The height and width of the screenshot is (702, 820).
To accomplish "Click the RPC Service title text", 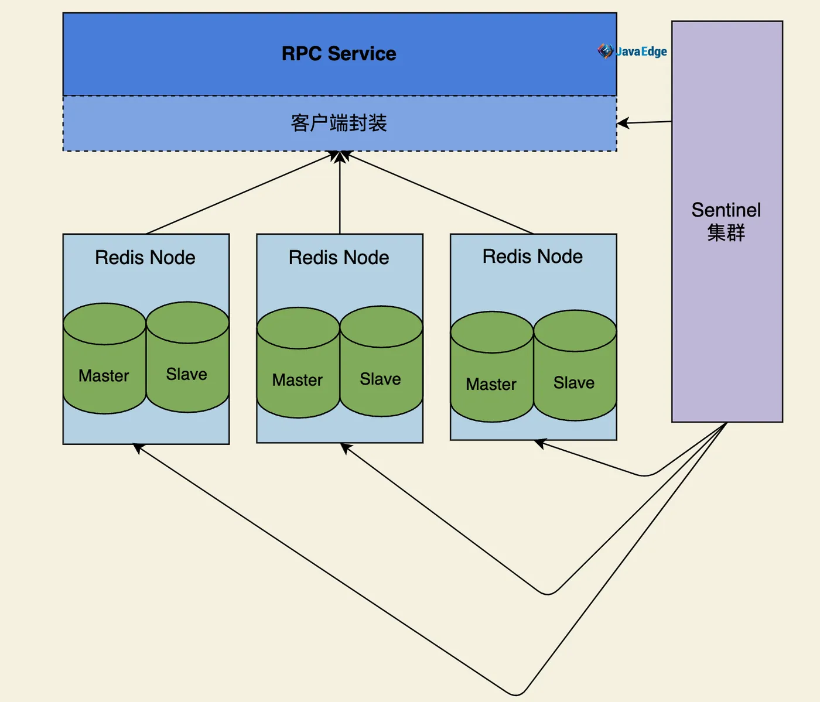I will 339,54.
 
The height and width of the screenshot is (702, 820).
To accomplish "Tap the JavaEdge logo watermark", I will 633,52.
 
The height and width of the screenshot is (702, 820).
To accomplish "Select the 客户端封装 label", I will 339,123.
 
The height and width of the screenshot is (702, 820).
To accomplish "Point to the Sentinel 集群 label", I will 726,221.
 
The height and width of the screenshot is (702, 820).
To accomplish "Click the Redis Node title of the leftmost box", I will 145,258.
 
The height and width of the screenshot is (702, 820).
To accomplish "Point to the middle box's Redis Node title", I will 339,258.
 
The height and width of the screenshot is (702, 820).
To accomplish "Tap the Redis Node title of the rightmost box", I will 532,256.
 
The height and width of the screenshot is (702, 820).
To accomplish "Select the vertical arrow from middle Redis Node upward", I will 340,193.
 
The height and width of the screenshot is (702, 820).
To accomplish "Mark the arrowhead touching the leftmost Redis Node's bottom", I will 138,448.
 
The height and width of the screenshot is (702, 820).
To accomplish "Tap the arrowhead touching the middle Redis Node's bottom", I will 346,447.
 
